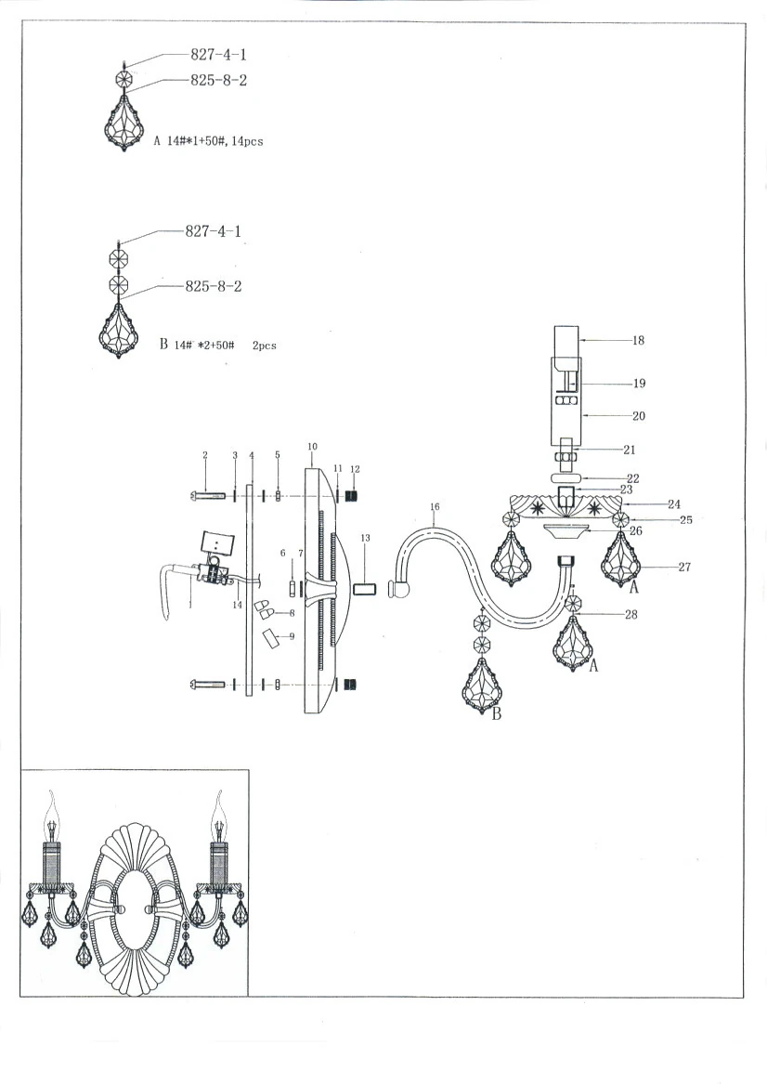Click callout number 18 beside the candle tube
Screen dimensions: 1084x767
click(638, 341)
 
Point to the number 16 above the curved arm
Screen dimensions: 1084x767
click(434, 508)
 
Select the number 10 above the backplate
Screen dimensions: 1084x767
click(311, 447)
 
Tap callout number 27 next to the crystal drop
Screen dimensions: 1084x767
click(684, 567)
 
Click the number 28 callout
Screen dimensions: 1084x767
click(631, 614)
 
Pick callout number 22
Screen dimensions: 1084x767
click(632, 479)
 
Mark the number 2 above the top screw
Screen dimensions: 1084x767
click(205, 455)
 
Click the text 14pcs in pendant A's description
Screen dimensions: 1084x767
click(250, 142)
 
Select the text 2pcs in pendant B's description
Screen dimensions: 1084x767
click(265, 346)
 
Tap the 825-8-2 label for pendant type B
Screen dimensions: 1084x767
click(214, 287)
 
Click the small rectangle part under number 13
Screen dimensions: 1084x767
click(365, 589)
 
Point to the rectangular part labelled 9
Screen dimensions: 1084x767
click(270, 640)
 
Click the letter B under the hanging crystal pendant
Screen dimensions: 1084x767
click(496, 714)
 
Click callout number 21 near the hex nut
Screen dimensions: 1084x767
click(629, 451)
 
